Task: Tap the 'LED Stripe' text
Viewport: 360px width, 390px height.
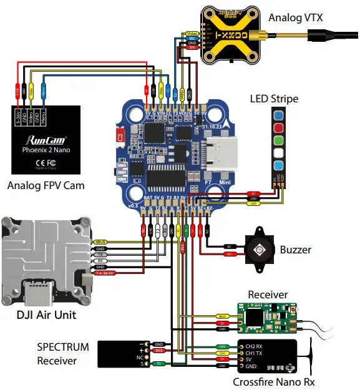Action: (x=274, y=99)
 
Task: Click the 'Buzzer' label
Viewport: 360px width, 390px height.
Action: (x=295, y=250)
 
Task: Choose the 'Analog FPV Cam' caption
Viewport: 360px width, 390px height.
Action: (x=46, y=185)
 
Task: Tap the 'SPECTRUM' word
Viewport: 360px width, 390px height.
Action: (x=62, y=347)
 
